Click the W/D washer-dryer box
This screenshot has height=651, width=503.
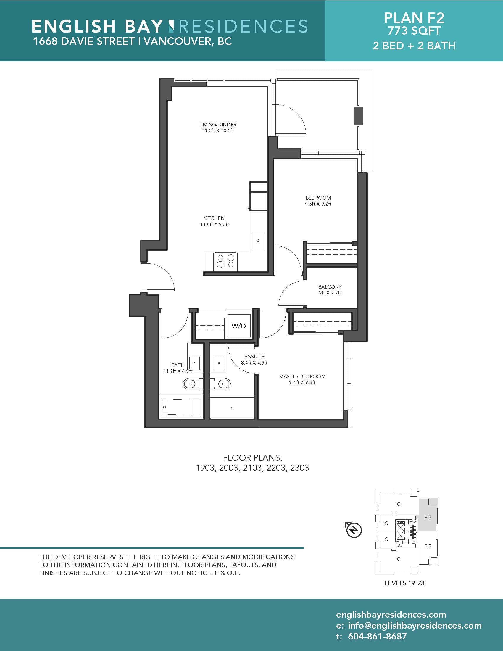click(239, 326)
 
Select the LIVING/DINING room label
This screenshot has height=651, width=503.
click(218, 125)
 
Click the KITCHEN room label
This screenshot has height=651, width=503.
click(214, 218)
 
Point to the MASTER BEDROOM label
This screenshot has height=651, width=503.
click(302, 376)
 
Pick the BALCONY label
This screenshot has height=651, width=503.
click(330, 287)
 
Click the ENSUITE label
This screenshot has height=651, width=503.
click(254, 357)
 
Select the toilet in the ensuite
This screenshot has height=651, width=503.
click(222, 384)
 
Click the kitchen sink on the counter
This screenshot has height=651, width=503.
click(258, 241)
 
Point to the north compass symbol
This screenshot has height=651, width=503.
click(353, 530)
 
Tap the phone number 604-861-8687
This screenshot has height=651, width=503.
click(377, 636)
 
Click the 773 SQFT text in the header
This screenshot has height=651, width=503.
click(414, 31)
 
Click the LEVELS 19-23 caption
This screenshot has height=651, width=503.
click(404, 583)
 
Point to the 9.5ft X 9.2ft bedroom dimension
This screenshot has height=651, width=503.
click(318, 204)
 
